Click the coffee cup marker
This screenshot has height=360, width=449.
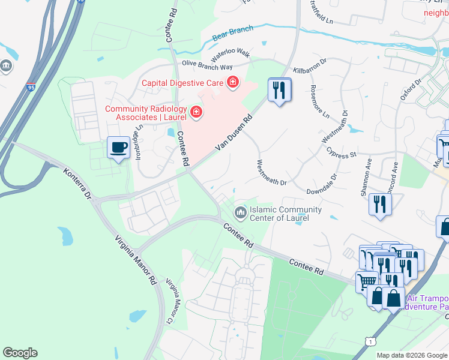118,147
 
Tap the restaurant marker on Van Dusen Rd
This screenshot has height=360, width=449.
279,91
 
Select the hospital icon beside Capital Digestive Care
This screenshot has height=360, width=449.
232,82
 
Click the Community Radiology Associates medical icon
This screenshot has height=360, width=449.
196,112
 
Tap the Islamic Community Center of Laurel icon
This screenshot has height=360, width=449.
241,212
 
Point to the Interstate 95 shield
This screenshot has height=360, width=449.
31,88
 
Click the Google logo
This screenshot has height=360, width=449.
20,353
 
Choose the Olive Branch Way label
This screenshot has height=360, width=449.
207,66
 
